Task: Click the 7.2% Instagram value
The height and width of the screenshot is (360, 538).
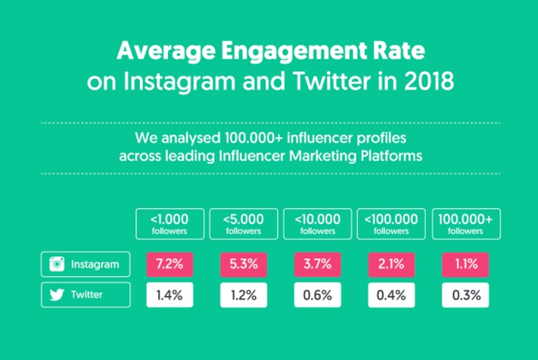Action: point(169,265)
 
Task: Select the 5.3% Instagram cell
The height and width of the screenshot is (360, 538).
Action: point(244,265)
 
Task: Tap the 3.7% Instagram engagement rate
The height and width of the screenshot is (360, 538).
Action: point(317,265)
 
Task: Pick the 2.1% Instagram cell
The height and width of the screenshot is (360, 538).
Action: point(391,265)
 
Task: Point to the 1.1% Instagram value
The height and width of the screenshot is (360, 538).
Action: point(465,265)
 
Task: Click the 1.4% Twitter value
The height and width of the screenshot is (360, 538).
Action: point(169,295)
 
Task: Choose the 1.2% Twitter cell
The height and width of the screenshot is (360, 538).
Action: point(244,295)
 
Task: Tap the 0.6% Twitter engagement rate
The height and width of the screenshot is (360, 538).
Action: point(317,295)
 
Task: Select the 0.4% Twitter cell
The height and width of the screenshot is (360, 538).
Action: point(391,295)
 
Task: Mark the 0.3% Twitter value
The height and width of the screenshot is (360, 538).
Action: point(465,295)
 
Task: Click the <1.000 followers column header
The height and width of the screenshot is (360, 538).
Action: point(169,224)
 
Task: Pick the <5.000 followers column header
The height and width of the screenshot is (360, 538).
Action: point(244,224)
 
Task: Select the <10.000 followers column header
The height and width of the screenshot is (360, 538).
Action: point(317,224)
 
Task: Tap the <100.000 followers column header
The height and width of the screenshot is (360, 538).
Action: point(391,224)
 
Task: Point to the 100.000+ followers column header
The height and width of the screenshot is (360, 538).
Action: point(465,224)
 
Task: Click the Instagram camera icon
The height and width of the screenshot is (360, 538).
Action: point(56,265)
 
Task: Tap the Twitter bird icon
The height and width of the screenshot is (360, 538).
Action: point(56,296)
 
